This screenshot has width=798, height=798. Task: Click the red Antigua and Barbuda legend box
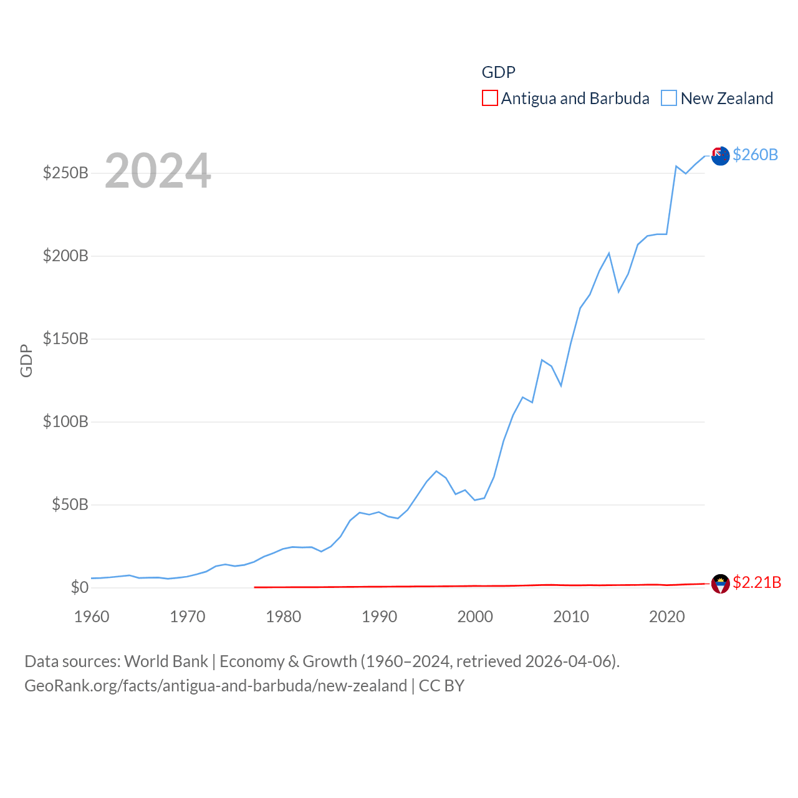[x=490, y=99]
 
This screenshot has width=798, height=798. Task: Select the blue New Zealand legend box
[x=669, y=99]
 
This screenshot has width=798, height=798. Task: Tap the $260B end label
[x=755, y=155]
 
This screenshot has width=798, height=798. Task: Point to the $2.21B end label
[x=757, y=582]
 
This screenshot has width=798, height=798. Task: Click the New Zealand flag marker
[x=720, y=156]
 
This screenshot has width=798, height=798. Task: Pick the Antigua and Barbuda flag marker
[x=720, y=584]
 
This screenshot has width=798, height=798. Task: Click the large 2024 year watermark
[x=158, y=171]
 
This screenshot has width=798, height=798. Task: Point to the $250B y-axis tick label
[x=65, y=173]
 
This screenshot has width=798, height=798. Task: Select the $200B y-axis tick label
[x=65, y=256]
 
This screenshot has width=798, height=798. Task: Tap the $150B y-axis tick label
[x=65, y=339]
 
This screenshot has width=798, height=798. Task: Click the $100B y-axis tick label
[x=65, y=421]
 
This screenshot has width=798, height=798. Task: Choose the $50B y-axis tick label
[x=70, y=504]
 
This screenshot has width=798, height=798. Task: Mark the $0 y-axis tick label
[x=80, y=587]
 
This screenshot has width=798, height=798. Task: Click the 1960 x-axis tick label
[x=92, y=617]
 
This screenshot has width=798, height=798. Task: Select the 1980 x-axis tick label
[x=284, y=617]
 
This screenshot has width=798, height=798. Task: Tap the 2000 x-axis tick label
[x=475, y=617]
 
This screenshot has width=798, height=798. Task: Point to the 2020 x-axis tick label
[x=667, y=617]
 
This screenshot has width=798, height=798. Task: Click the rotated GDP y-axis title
[x=26, y=360]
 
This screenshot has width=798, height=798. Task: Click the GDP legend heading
[x=499, y=72]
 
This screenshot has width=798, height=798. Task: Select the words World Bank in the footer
[x=166, y=661]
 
